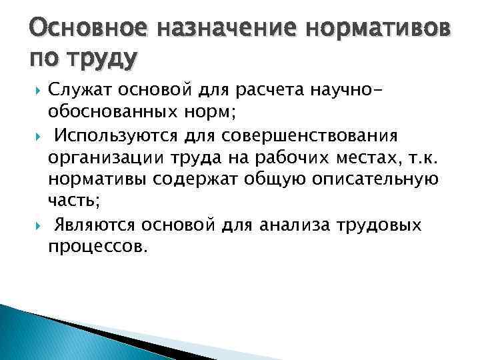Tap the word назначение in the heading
pos(211,29)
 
